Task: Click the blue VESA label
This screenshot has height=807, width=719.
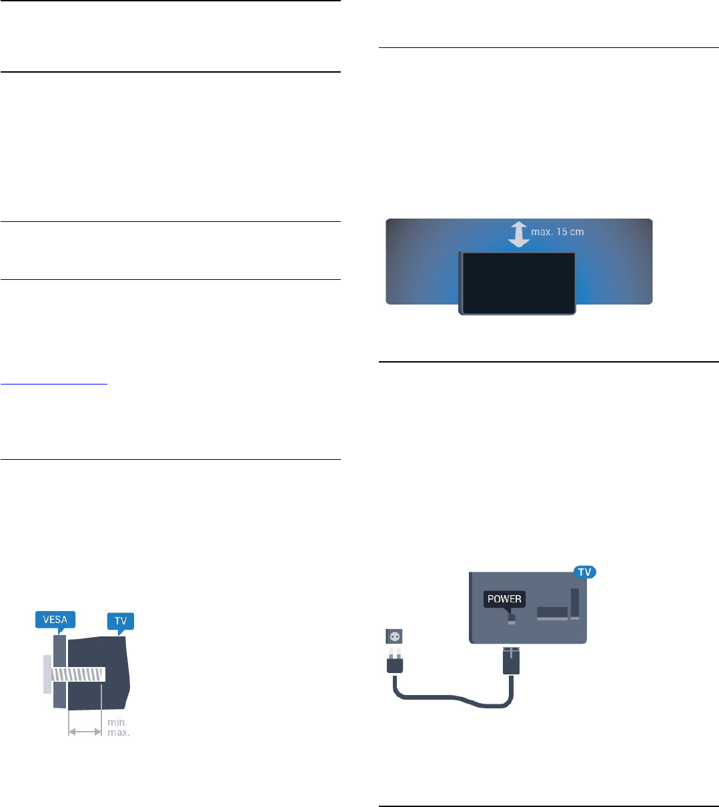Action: coord(55,620)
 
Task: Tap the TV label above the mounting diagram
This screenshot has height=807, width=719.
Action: coord(121,621)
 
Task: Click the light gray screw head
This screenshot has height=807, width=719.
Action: coord(47,674)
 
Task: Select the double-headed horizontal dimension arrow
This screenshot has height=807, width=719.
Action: coord(85,732)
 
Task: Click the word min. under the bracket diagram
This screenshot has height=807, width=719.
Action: coord(118,722)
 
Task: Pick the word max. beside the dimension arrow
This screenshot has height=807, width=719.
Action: coord(119,732)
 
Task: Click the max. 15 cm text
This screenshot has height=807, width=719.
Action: coord(558,232)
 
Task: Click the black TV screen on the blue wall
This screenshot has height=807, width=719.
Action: coord(518,283)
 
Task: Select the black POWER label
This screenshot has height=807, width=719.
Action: coord(504,598)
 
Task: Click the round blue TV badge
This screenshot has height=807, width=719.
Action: coord(585,572)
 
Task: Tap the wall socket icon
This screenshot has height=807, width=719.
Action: coord(394,636)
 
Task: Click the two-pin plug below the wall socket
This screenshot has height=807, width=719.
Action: coord(394,662)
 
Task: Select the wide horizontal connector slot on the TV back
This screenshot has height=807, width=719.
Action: coord(552,613)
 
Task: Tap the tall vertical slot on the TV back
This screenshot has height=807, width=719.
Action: coord(575,603)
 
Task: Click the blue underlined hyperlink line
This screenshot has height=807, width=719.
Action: coord(54,384)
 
